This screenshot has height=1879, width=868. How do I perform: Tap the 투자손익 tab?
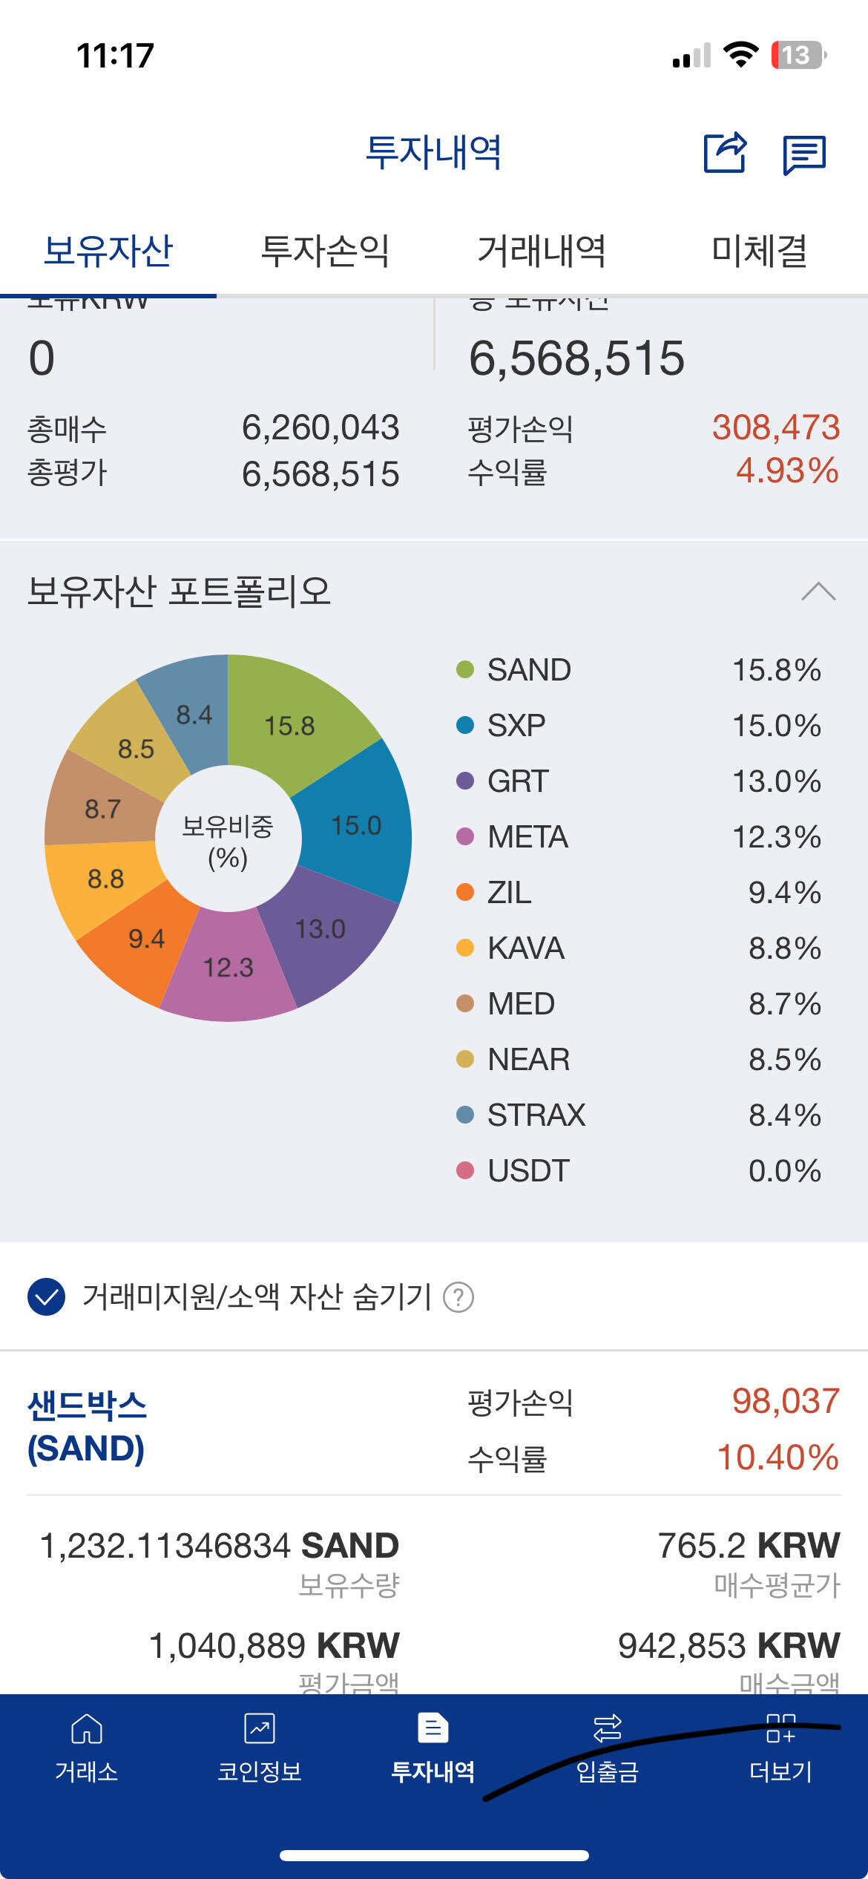point(325,251)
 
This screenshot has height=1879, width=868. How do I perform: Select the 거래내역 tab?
point(542,251)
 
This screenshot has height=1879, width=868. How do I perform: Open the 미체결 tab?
point(759,251)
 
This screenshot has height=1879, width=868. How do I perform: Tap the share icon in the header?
point(725,153)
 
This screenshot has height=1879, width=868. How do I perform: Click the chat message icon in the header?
point(804,154)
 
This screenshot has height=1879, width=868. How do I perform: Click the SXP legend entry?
point(516,725)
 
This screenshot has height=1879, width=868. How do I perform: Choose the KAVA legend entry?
point(525,948)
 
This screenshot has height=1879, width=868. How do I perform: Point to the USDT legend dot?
point(465,1170)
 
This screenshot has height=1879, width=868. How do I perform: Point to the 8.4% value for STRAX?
point(784,1115)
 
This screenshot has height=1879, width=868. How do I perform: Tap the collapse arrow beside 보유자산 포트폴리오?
point(818,591)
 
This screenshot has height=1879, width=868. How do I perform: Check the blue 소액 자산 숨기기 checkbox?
point(46,1297)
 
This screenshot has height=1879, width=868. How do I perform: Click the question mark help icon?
point(458,1297)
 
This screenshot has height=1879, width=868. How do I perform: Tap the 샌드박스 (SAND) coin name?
point(87,1427)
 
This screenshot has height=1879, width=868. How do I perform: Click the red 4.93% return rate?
point(786,470)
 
